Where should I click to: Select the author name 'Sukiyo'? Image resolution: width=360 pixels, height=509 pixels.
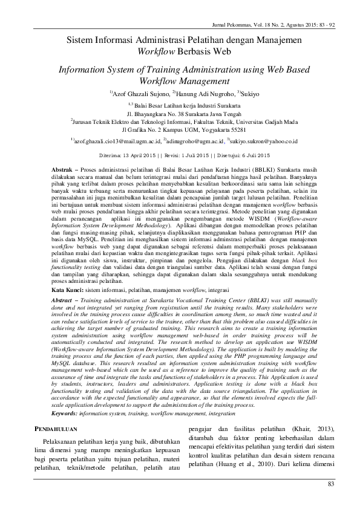coord(252,94)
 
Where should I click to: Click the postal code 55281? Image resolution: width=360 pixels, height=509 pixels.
coord(233,129)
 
